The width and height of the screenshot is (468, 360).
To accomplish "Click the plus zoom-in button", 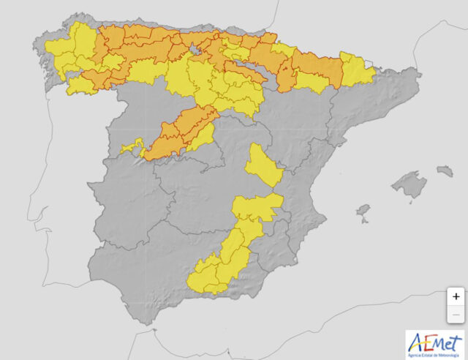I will [456, 296].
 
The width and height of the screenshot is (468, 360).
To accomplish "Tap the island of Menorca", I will [445, 170].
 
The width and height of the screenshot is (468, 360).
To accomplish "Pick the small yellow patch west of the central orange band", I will [132, 147].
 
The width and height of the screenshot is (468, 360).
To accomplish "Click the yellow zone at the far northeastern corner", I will [357, 70].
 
